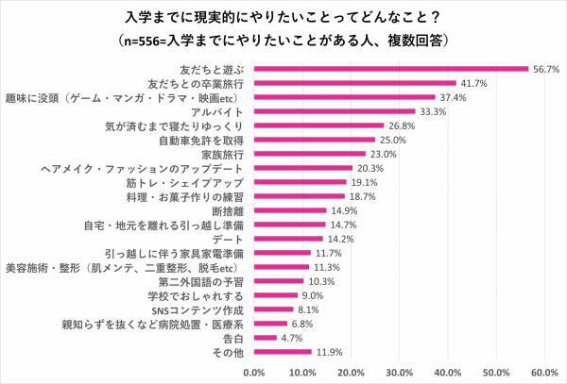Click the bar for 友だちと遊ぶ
(x=390, y=69)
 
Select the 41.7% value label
(x=472, y=83)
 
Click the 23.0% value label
(x=382, y=154)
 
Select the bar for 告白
(x=266, y=338)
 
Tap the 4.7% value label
(x=291, y=338)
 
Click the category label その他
(x=230, y=352)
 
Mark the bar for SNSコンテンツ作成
(x=274, y=309)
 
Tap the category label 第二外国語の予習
(x=203, y=281)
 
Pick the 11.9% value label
(x=328, y=352)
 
